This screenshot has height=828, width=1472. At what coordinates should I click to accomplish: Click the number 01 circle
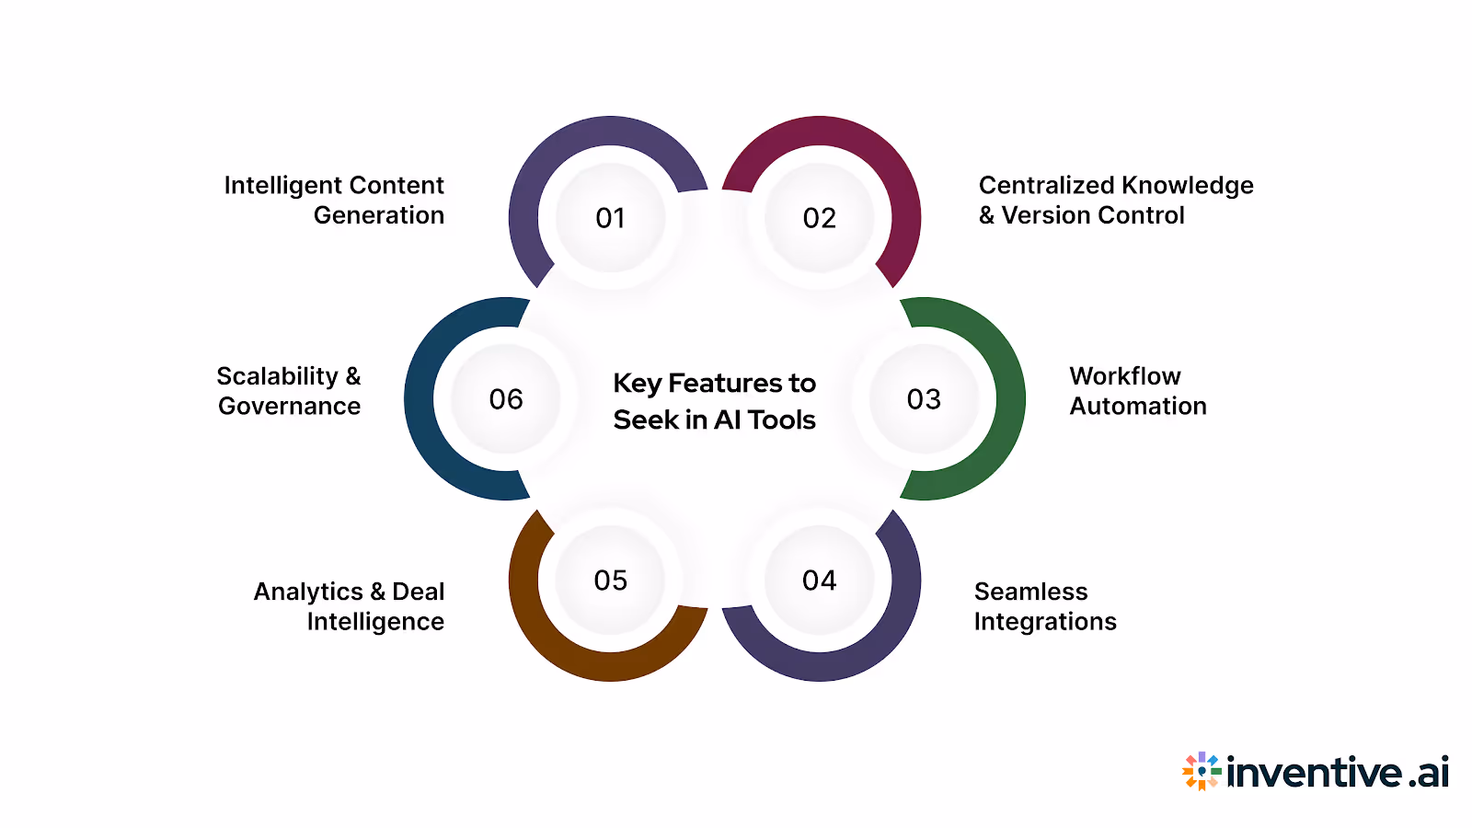pos(611,218)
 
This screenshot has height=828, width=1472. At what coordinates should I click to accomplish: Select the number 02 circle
pos(820,218)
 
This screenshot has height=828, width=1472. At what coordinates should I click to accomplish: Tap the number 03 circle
pos(924,399)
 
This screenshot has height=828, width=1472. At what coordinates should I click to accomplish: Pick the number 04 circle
pos(820,581)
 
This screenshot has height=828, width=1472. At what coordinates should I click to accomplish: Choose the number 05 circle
pos(611,581)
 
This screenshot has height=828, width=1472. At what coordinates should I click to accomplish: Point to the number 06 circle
pos(506,399)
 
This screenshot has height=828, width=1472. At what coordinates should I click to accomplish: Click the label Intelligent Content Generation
pos(335,200)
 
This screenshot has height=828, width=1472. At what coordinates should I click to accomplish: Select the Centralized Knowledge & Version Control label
pos(1115,200)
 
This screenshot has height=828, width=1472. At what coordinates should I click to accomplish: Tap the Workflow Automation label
pos(1137,391)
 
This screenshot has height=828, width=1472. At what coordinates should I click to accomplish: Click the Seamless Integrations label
pos(1045,606)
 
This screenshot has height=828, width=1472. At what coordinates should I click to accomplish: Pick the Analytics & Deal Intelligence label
pos(350,606)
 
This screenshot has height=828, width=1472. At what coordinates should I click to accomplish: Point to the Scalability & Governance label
pos(289,391)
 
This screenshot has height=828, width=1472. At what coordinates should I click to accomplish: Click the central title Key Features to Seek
pos(715,401)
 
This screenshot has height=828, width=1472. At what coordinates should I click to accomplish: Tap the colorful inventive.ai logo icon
pos(1202,771)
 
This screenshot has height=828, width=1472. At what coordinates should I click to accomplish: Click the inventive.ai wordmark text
pos(1338,773)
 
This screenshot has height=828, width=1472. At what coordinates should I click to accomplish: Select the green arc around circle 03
pos(1009,399)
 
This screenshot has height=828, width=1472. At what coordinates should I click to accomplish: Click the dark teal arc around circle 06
pos(420,399)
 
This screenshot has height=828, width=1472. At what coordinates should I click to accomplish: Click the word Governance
pos(289,407)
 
